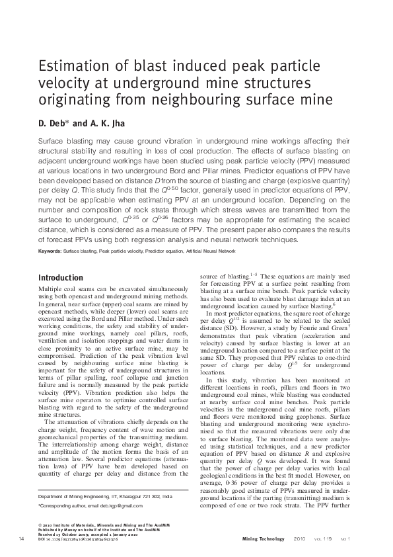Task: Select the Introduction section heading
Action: point(61,278)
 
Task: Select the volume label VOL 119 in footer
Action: point(324,540)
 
